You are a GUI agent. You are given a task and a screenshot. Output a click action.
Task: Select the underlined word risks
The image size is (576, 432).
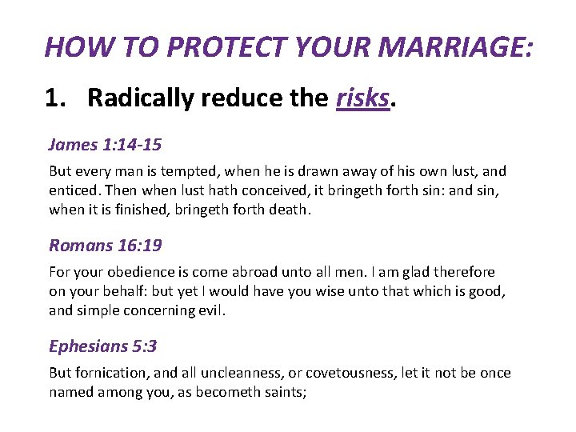[362, 98]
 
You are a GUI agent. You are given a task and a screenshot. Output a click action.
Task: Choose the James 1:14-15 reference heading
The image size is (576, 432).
[105, 145]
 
